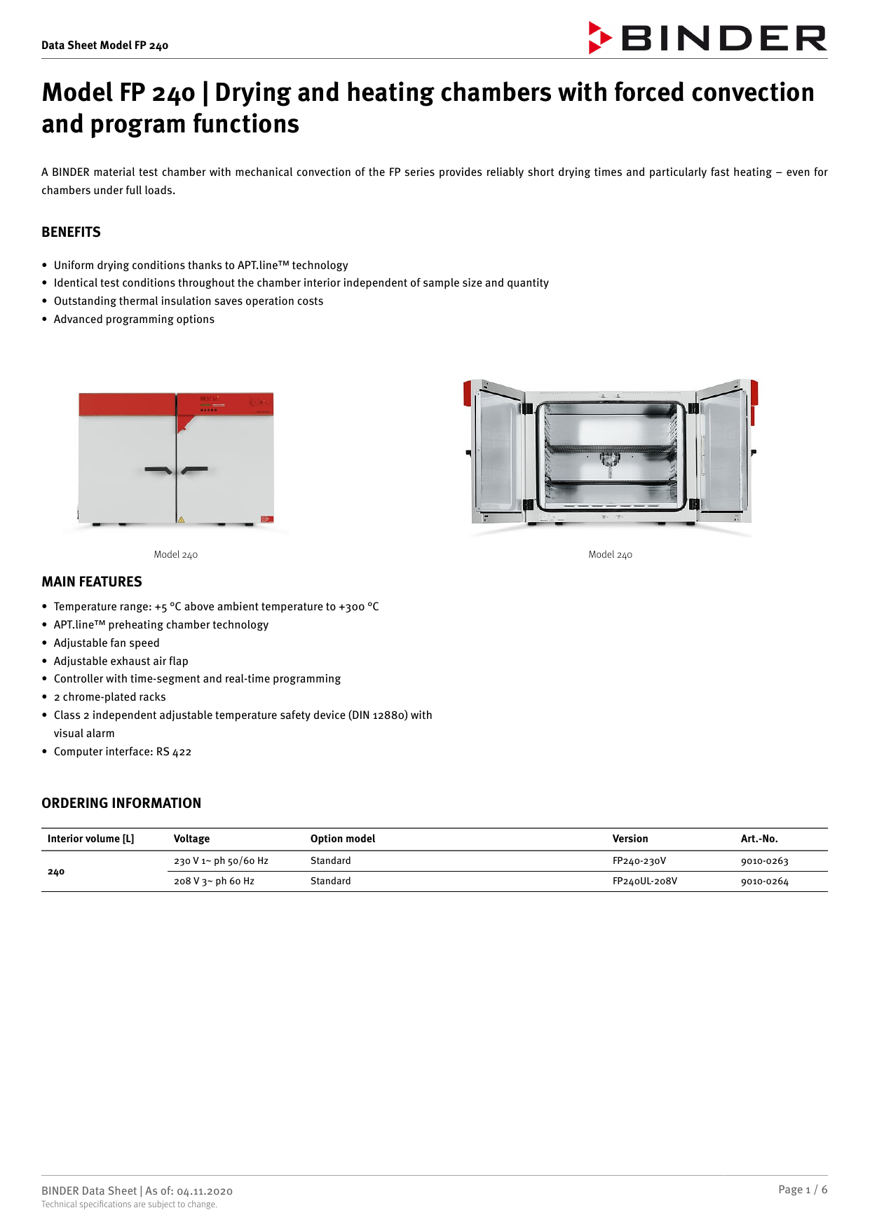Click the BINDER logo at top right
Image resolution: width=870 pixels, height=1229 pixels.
click(x=707, y=38)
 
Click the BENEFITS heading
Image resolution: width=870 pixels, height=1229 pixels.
click(x=71, y=232)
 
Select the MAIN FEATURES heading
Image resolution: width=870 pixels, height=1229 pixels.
click(x=91, y=582)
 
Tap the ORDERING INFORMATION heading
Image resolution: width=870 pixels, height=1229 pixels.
click(x=121, y=803)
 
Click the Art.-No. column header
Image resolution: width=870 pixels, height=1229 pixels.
click(x=759, y=839)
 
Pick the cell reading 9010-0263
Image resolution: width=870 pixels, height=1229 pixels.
click(x=764, y=861)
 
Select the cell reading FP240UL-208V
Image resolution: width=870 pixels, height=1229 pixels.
click(x=644, y=881)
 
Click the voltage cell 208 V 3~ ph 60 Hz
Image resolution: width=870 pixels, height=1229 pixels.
click(x=214, y=881)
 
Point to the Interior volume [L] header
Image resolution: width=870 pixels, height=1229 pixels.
click(x=90, y=839)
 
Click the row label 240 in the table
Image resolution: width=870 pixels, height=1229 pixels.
click(x=56, y=872)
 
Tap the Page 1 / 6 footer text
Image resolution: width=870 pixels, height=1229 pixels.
click(x=802, y=1189)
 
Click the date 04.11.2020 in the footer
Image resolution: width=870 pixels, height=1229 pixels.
click(x=204, y=1191)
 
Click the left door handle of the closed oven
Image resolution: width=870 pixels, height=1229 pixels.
click(x=158, y=470)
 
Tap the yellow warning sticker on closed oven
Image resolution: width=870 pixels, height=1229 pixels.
click(x=181, y=520)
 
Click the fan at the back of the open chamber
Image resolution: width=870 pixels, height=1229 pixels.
click(x=610, y=460)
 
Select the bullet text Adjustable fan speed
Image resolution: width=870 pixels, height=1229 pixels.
click(x=107, y=643)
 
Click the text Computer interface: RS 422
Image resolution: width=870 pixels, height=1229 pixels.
click(x=122, y=751)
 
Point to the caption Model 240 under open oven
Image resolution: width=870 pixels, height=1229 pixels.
click(x=610, y=554)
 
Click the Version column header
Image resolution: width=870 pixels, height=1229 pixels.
click(x=630, y=839)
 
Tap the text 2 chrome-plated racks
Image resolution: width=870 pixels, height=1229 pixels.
click(x=109, y=696)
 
